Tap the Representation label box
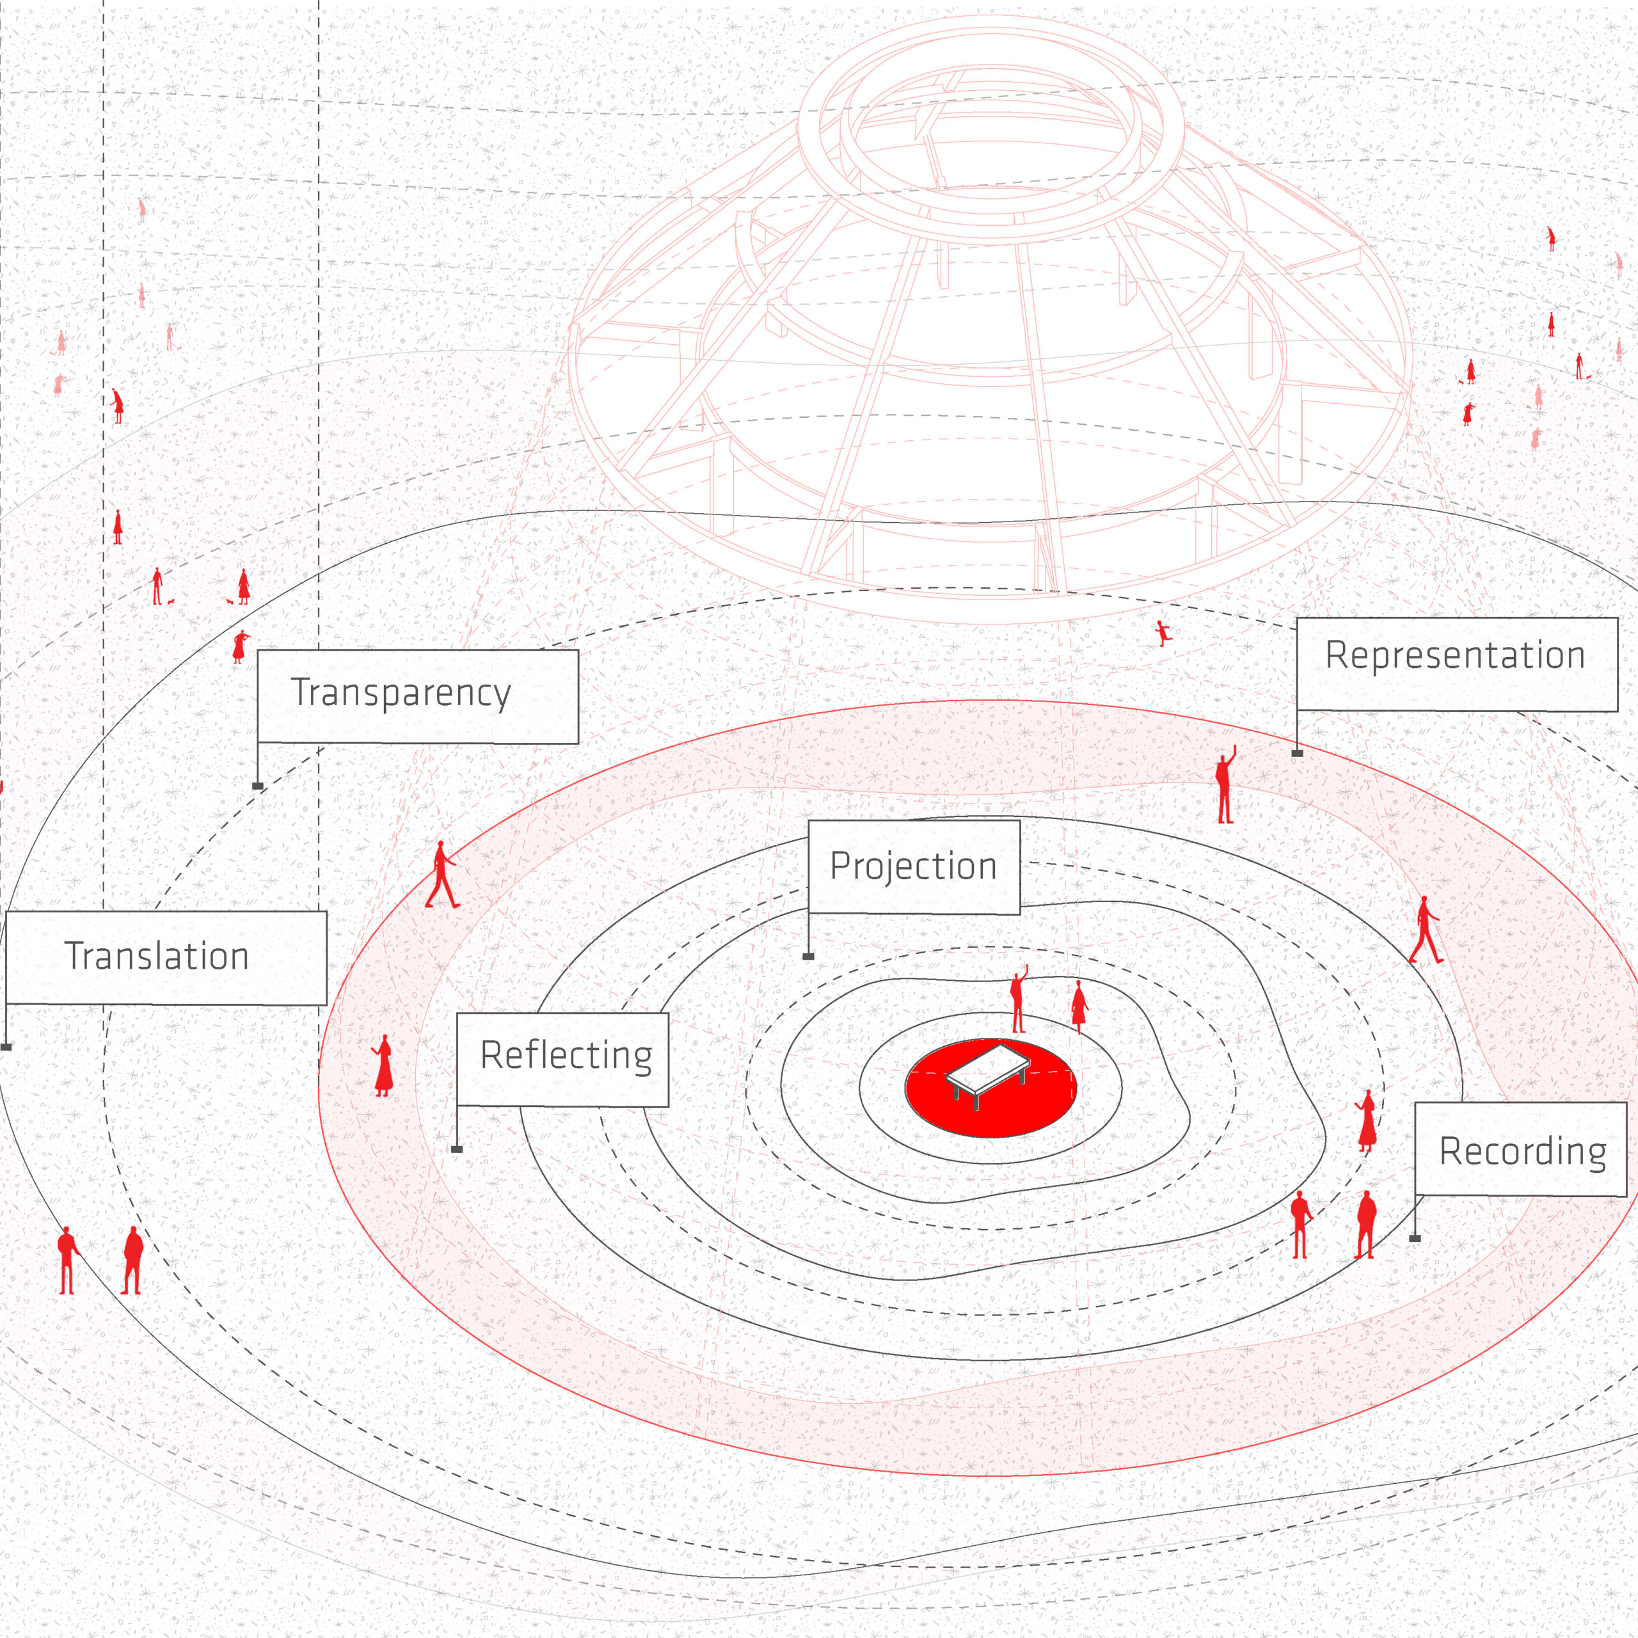pos(1456,664)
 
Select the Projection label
pos(913,866)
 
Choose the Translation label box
pos(166,958)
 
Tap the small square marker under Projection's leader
pos(809,957)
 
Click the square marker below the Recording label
pos(1415,1239)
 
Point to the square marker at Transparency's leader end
pos(258,786)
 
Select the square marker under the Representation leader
pos(1297,753)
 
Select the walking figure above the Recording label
pos(1425,930)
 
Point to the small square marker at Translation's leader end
pos(6,1047)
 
